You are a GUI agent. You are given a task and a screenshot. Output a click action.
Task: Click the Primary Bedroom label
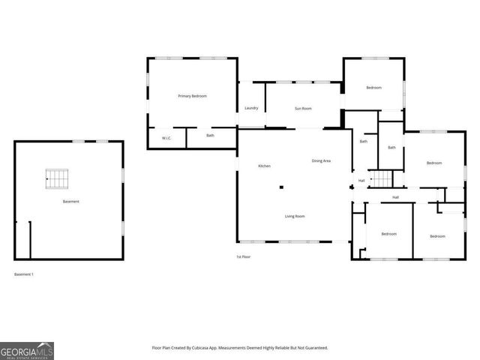point(192,96)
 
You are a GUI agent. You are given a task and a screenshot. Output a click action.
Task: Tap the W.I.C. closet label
point(166,137)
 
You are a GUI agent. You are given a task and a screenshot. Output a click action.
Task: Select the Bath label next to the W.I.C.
point(210,136)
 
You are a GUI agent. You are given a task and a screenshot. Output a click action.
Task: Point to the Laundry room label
point(251,108)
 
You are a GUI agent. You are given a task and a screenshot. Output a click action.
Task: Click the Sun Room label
point(302,109)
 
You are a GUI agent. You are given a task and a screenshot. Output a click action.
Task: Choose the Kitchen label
point(264,166)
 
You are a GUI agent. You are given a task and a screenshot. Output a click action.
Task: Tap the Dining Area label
point(322,161)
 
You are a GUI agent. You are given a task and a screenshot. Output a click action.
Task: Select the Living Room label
point(294,217)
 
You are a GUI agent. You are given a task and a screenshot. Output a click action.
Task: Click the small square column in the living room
point(281,187)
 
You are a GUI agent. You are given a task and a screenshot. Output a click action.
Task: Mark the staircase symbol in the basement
point(58,178)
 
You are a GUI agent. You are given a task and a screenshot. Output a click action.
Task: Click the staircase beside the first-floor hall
point(382,179)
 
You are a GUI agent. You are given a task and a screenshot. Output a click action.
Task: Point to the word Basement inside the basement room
point(70,202)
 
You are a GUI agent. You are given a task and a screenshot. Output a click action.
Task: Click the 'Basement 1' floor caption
point(24,274)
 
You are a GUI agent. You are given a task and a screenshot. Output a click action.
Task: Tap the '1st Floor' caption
point(243,257)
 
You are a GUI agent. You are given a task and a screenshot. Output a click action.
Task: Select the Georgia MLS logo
point(27,350)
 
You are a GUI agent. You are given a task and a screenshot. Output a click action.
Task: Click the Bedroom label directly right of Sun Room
point(373,88)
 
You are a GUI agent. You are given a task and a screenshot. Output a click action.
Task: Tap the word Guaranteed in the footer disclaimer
point(314,348)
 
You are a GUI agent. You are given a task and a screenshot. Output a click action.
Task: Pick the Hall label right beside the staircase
point(361,180)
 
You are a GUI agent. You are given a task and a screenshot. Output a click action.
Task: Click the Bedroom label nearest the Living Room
point(388,234)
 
